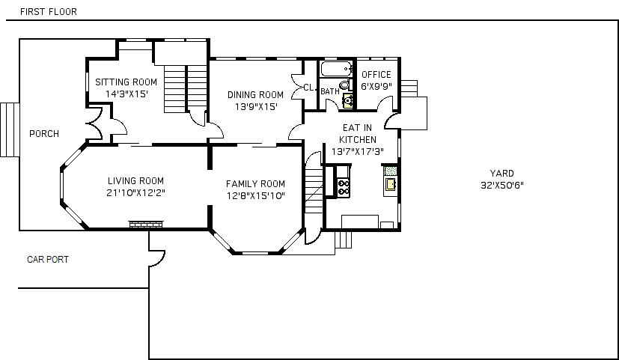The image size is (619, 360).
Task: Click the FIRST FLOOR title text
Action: tap(49, 11)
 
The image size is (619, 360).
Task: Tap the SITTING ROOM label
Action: tap(126, 82)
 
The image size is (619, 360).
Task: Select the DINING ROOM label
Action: tap(255, 95)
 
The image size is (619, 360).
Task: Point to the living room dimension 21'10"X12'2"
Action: tap(135, 193)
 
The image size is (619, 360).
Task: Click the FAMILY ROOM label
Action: tap(255, 184)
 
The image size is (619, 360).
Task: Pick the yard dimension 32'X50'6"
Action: tap(502, 185)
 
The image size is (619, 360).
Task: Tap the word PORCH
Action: tap(44, 134)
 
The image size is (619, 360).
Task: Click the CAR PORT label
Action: tap(48, 260)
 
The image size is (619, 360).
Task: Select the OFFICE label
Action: tap(376, 75)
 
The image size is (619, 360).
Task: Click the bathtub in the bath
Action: tap(337, 69)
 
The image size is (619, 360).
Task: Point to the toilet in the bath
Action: tap(345, 85)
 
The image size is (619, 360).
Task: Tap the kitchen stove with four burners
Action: tap(344, 187)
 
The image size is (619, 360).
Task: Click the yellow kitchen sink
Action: tap(391, 184)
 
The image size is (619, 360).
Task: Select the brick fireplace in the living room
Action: tap(146, 225)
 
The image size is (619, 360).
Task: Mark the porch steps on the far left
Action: tap(10, 130)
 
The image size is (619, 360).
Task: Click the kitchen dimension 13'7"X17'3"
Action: tap(358, 152)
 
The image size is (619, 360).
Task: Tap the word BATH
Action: tap(330, 91)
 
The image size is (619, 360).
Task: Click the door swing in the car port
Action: tap(157, 258)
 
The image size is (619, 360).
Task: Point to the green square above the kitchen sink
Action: tap(391, 171)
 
